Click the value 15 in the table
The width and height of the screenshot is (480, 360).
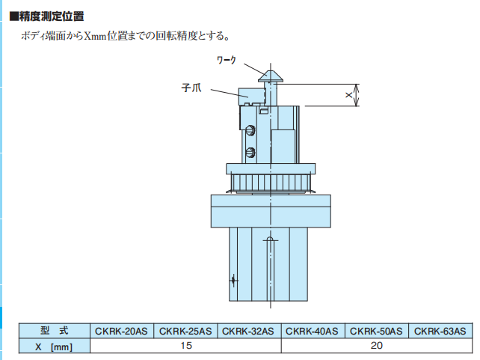click(185, 346)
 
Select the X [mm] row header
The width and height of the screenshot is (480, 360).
click(55, 346)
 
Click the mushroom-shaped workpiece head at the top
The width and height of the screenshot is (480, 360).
click(270, 75)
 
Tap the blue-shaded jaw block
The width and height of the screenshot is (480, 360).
click(250, 95)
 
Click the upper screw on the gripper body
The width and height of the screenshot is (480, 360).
click(251, 130)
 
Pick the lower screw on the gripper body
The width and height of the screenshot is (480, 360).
click(251, 153)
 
